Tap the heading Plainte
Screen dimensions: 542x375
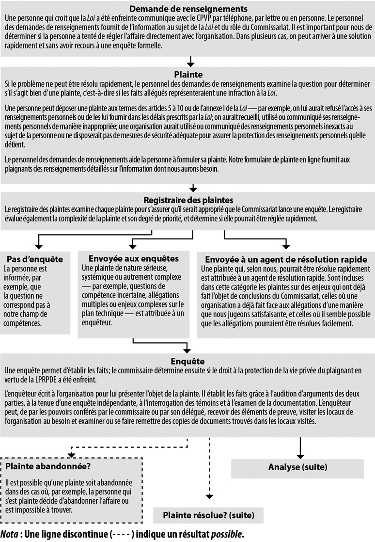pos(188,75)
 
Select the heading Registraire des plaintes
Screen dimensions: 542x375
pos(188,200)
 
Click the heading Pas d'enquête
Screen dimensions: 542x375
pos(35,259)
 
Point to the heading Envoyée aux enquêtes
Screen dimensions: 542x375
pos(134,258)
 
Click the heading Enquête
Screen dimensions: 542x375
pos(188,361)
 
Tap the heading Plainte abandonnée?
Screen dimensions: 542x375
pos(48,466)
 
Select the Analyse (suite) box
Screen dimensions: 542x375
pos(297,467)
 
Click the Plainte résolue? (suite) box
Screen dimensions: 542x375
pos(208,515)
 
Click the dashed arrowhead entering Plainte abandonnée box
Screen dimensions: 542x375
pos(72,454)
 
